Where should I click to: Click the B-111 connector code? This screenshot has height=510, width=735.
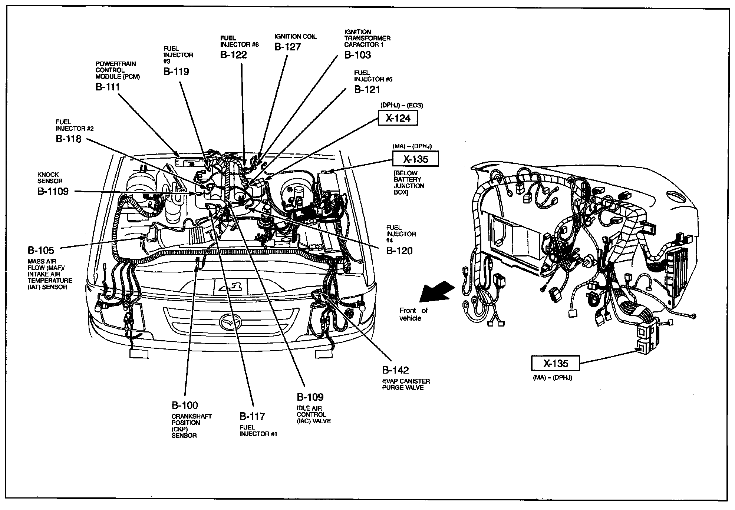tap(108, 87)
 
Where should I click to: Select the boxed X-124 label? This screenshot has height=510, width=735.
tap(398, 118)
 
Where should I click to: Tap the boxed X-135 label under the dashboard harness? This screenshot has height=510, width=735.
tap(555, 363)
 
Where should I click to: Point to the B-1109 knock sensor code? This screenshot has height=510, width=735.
tap(53, 192)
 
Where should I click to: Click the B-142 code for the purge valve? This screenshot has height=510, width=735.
tap(395, 370)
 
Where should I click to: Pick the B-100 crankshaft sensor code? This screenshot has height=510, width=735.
tap(184, 405)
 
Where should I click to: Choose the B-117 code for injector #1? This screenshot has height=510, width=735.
tap(252, 416)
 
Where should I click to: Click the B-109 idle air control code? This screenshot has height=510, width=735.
tap(310, 397)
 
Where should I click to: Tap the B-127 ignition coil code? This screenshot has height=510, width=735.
tap(287, 47)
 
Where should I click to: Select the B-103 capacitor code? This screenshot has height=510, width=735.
tap(357, 55)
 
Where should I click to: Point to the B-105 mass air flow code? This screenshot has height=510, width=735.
tap(41, 250)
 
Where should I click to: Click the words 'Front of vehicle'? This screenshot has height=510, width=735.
tap(412, 314)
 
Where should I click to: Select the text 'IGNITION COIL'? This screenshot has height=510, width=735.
tap(295, 36)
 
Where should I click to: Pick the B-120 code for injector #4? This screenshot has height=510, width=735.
tap(399, 251)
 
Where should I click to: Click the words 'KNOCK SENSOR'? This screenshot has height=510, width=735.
tap(50, 178)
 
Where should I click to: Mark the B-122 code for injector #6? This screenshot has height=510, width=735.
tap(233, 55)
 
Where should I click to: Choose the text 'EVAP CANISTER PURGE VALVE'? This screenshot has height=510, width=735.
tap(406, 384)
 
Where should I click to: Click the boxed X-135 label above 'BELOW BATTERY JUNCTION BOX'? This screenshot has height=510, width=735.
tap(415, 159)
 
